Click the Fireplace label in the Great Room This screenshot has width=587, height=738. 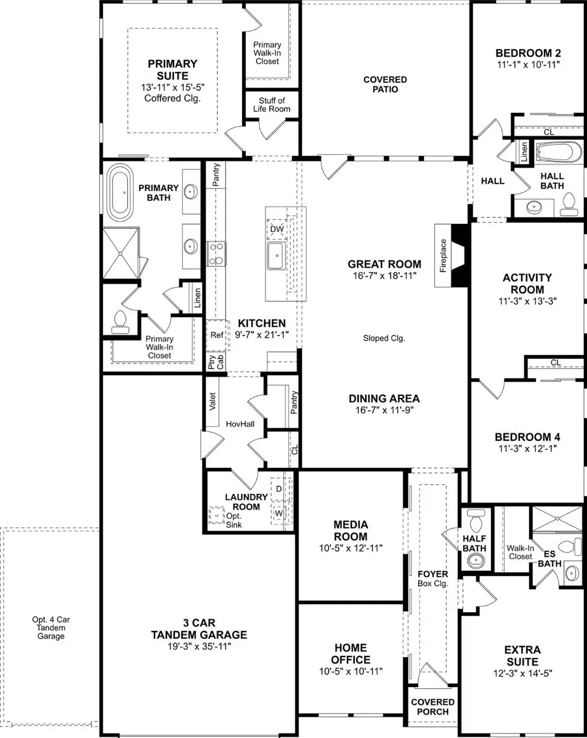tap(444, 255)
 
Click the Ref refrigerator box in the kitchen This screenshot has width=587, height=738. tap(217, 335)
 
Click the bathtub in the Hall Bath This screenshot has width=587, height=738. tap(558, 154)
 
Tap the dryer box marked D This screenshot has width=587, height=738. tap(278, 489)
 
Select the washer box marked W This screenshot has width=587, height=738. tap(278, 513)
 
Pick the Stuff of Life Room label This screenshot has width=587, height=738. tap(271, 104)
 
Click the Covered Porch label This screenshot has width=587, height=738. tap(432, 707)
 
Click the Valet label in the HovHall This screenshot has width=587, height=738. tap(213, 401)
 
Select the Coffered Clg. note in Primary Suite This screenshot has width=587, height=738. tap(172, 99)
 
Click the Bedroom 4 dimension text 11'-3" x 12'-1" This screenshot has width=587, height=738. tap(527, 448)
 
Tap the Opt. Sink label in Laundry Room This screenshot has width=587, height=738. tap(232, 520)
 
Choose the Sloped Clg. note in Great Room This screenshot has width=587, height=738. tap(384, 338)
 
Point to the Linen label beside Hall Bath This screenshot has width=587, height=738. tap(524, 153)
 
